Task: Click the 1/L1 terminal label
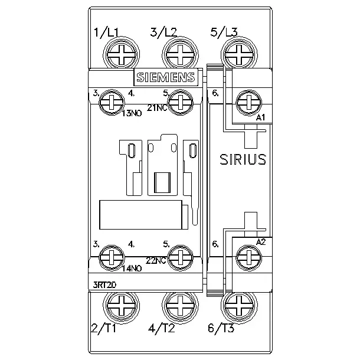tap(106, 32)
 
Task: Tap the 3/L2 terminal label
tap(163, 32)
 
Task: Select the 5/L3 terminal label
tap(224, 32)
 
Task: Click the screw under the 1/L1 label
tap(121, 55)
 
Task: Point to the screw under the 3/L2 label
tap(180, 55)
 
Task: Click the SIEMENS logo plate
tap(166, 77)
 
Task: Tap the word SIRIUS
tap(243, 159)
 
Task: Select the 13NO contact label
tap(132, 113)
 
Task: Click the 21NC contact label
tap(157, 107)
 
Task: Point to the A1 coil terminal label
tap(261, 117)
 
